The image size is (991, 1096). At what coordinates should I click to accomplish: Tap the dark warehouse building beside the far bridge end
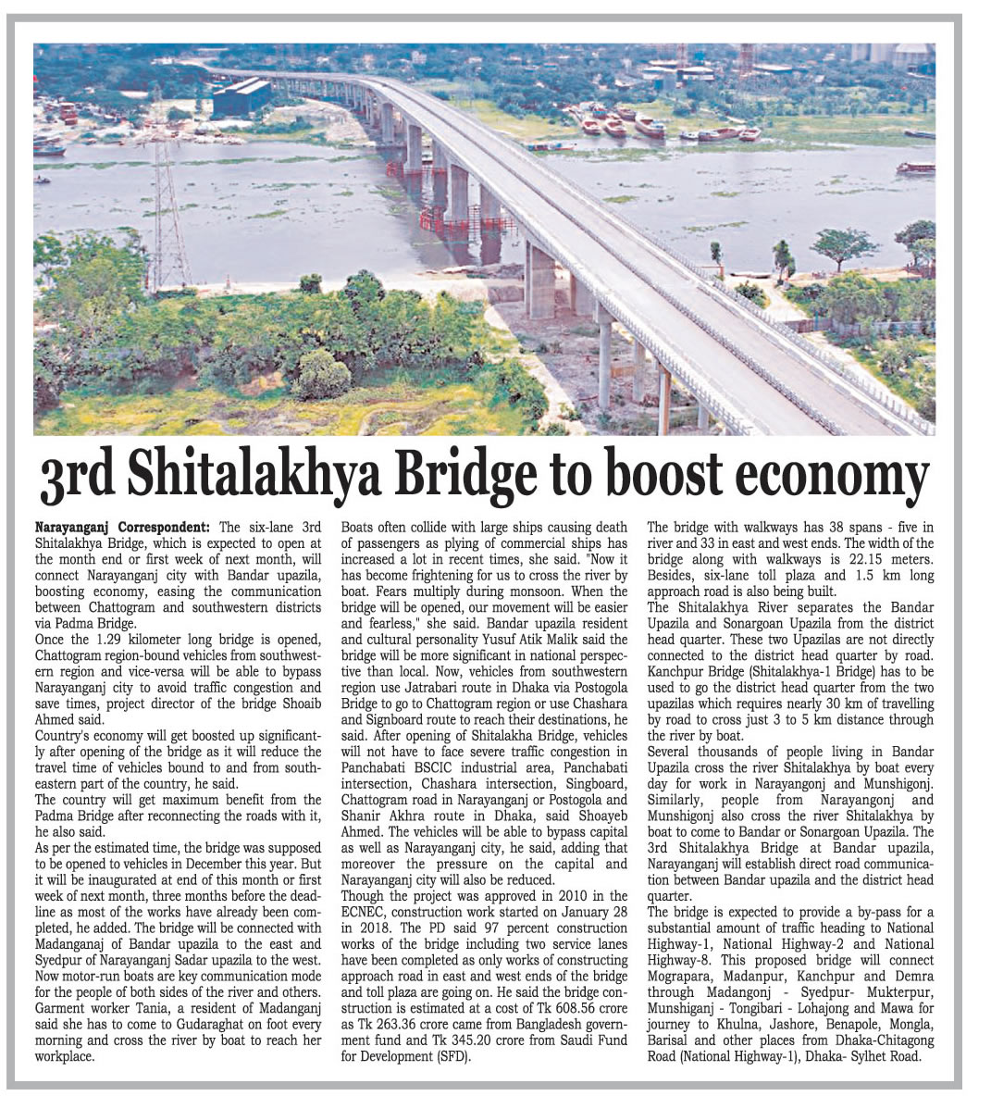(x=241, y=97)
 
